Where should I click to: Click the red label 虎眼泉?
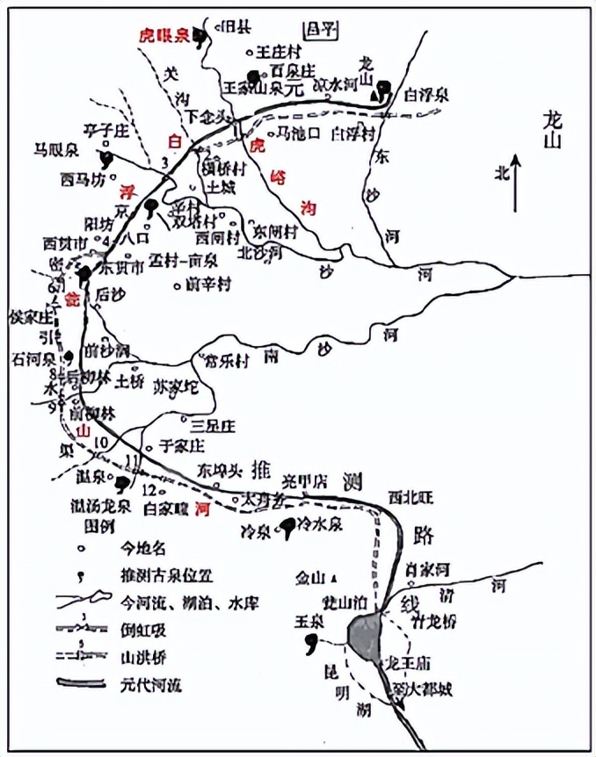(164, 36)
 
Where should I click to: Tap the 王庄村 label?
(279, 52)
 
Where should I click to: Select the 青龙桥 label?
(432, 621)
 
